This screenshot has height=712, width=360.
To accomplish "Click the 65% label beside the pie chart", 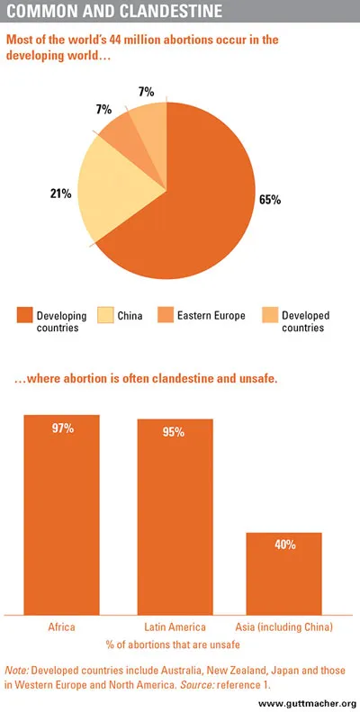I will pyautogui.click(x=269, y=198).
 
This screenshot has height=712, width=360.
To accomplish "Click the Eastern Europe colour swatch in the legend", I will pyautogui.click(x=164, y=315).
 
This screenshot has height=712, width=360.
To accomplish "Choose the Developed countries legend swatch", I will pyautogui.click(x=268, y=315).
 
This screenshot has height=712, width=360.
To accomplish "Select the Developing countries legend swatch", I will pyautogui.click(x=24, y=315).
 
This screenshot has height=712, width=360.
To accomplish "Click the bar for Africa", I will pyautogui.click(x=61, y=513).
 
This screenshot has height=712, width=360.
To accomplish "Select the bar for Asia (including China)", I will pyautogui.click(x=284, y=572).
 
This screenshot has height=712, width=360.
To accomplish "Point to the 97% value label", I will pyautogui.click(x=61, y=429).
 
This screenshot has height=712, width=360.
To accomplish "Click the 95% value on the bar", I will pyautogui.click(x=174, y=433).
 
